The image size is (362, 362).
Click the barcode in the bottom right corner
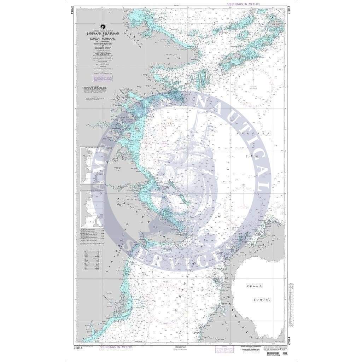(x=276, y=354)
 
